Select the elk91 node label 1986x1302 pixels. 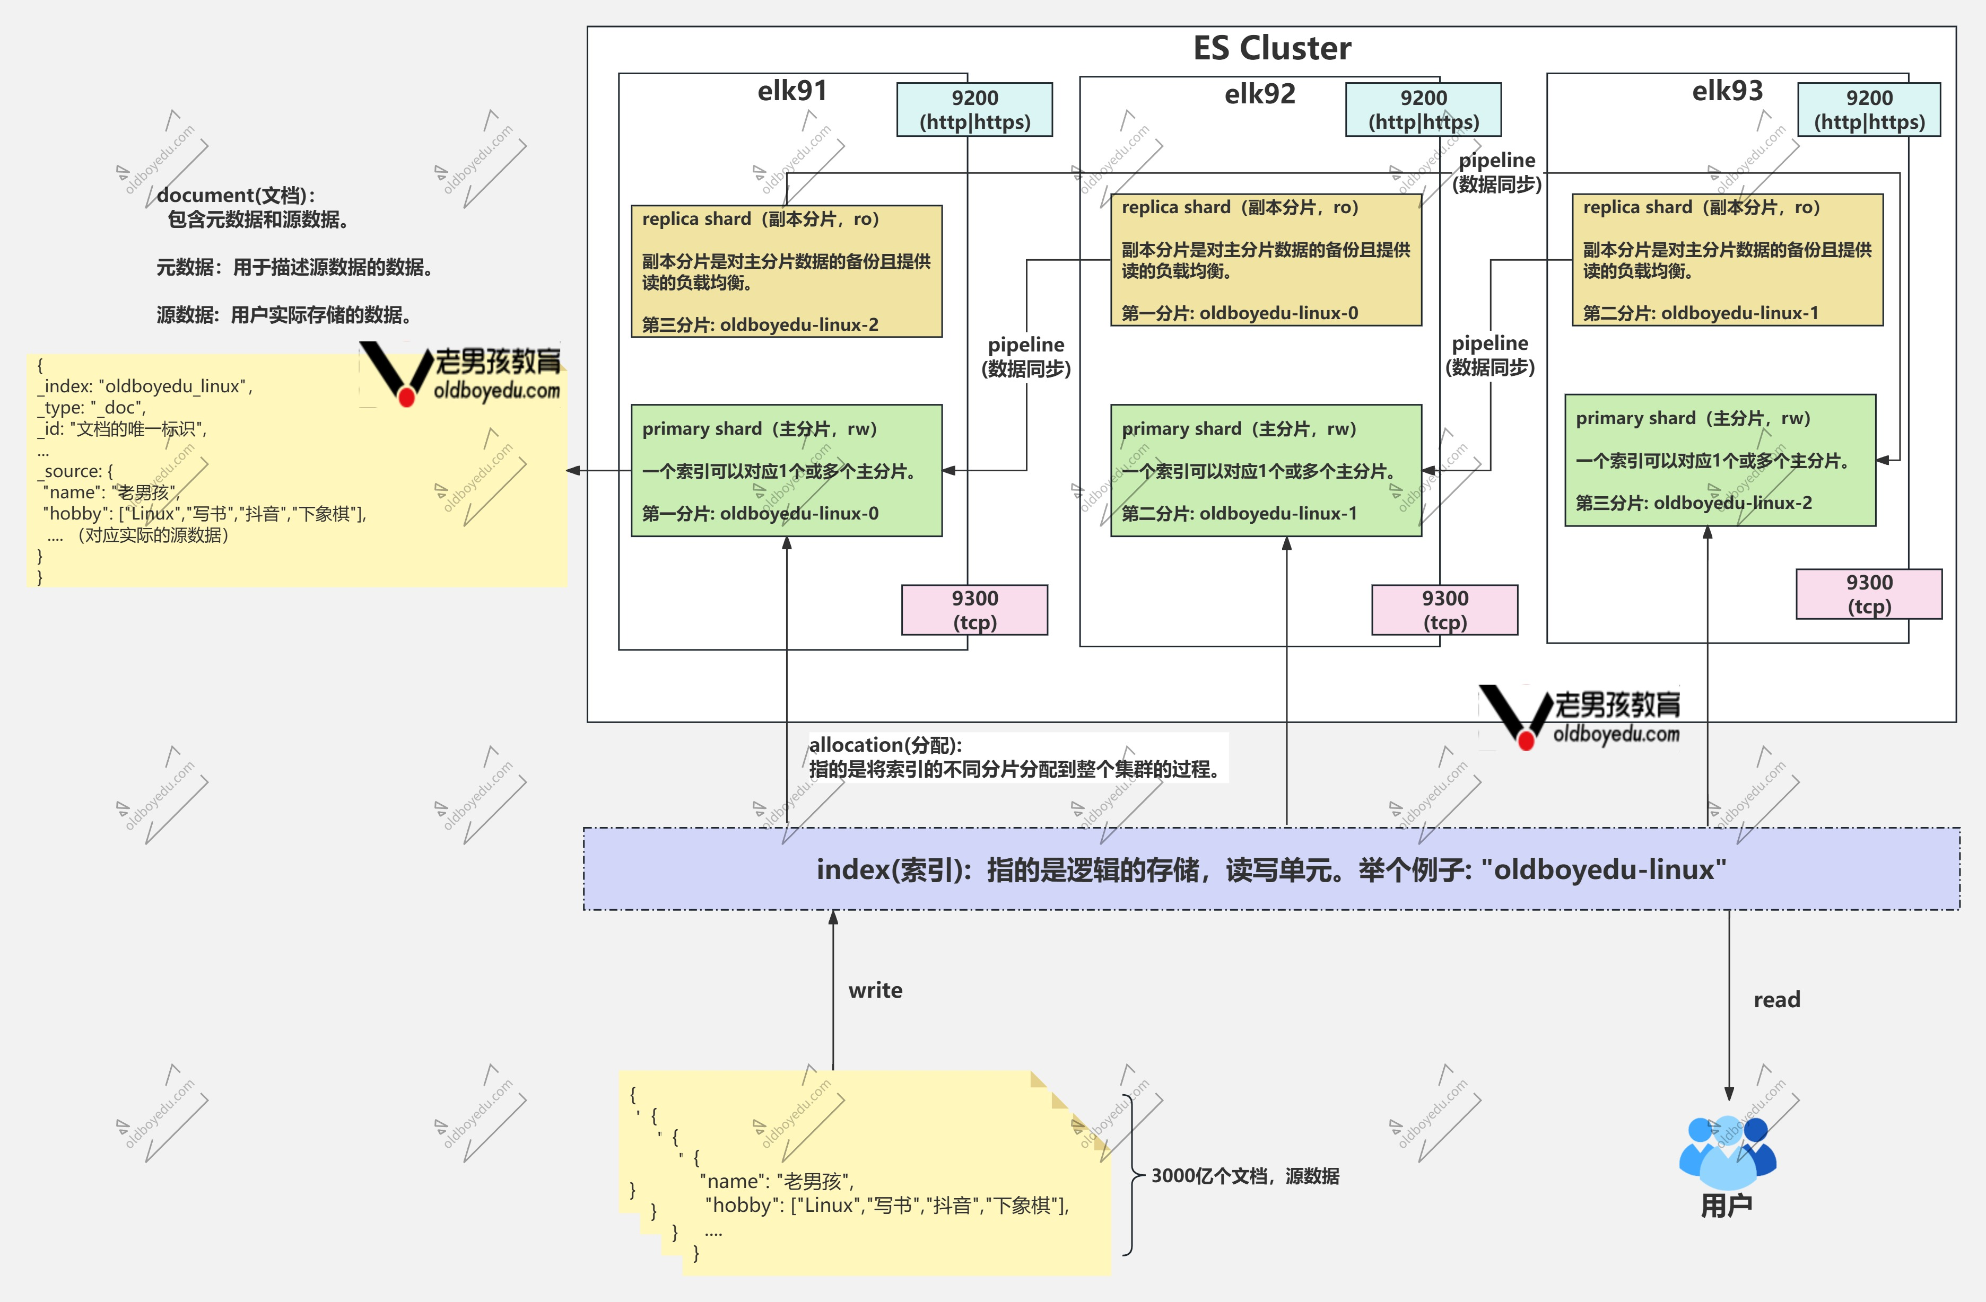click(792, 90)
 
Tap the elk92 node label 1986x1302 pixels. click(1260, 94)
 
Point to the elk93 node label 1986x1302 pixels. click(1727, 90)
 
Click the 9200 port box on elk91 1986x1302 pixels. click(974, 109)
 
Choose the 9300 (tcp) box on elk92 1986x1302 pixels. click(1444, 610)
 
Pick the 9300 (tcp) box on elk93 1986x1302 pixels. click(1869, 594)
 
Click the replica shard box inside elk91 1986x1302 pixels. click(787, 271)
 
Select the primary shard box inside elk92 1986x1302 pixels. click(1266, 470)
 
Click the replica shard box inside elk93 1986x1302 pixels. click(1727, 259)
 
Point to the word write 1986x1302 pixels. click(875, 990)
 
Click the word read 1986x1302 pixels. click(1776, 999)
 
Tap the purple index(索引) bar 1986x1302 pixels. click(1271, 869)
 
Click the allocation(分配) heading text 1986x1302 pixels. click(885, 745)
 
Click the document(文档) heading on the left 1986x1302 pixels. click(236, 195)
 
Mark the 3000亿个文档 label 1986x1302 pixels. click(1245, 1176)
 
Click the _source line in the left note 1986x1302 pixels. click(75, 471)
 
